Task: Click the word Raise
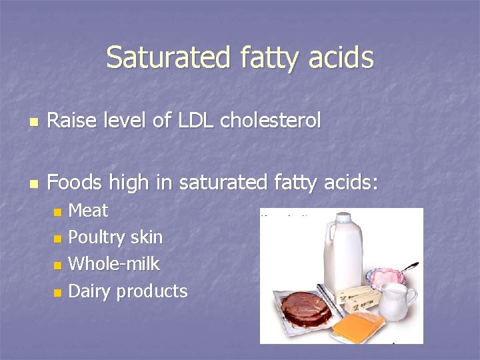69,121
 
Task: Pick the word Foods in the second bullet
71,181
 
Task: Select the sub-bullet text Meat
88,211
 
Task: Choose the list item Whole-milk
114,264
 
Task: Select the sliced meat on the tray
307,307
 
